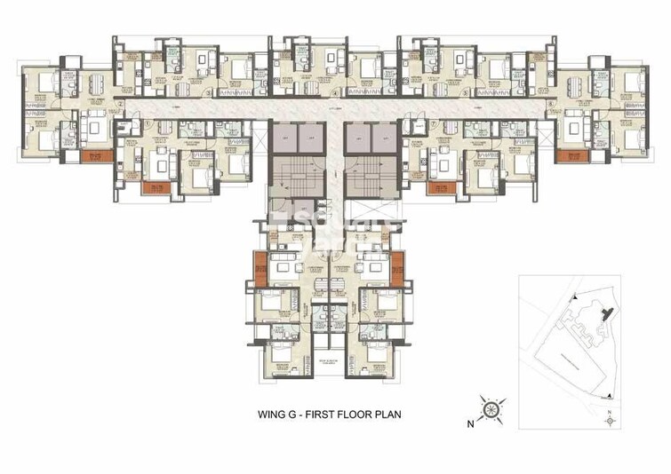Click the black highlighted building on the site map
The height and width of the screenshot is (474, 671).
(607, 312)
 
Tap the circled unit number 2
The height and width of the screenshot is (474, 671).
(119, 102)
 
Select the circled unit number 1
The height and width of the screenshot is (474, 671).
(148, 122)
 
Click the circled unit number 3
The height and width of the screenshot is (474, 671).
(206, 91)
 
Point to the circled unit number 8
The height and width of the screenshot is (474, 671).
(550, 102)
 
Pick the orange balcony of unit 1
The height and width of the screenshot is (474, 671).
(156, 187)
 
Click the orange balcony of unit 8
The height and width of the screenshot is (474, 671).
(567, 156)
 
